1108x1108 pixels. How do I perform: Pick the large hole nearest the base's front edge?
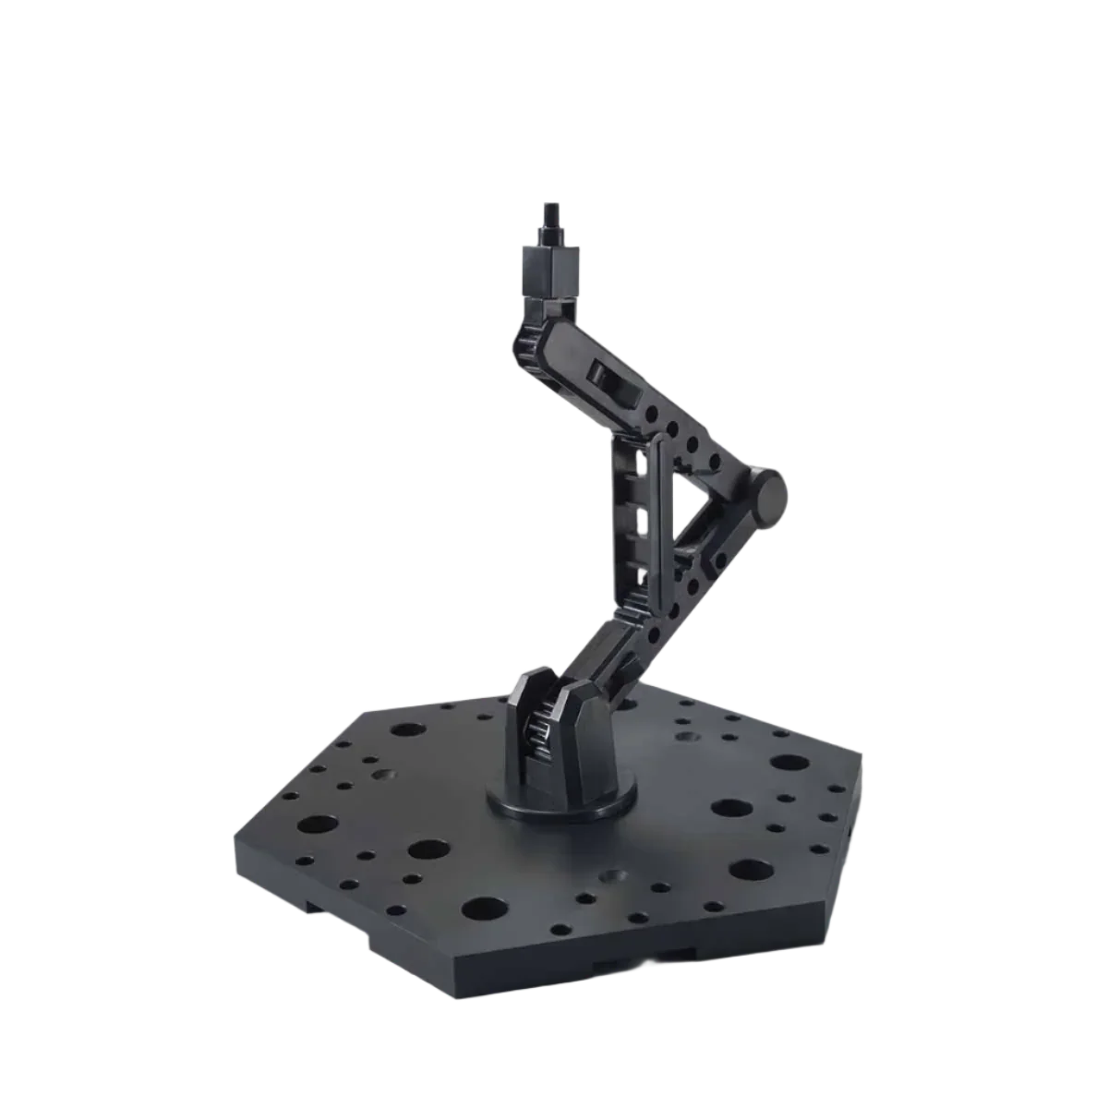tap(485, 909)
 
